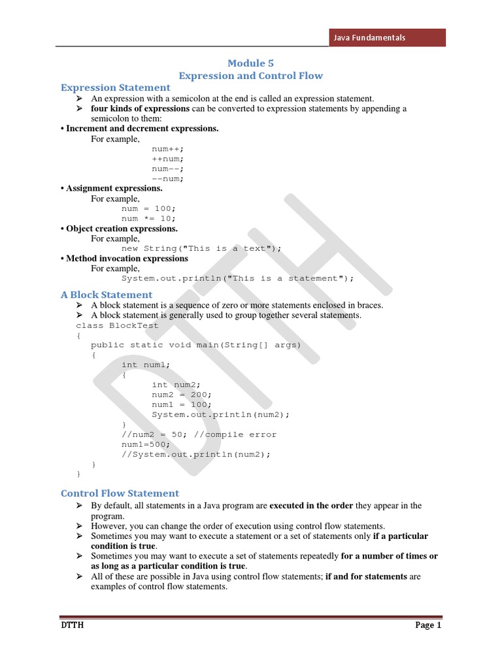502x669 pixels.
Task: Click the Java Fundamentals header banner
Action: pos(386,37)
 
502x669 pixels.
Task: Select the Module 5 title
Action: pos(250,63)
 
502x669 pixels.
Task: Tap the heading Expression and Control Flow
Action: pos(251,76)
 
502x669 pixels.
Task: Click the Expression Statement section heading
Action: pos(116,88)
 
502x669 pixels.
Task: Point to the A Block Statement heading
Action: pos(107,295)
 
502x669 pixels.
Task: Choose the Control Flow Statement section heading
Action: pos(120,493)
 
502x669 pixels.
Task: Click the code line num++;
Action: pos(168,149)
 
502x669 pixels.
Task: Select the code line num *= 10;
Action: pos(148,218)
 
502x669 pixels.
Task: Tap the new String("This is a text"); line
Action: pos(201,248)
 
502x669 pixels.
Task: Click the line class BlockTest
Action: pos(108,325)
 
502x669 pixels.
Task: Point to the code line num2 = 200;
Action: pos(182,395)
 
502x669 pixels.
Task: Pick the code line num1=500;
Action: pos(146,444)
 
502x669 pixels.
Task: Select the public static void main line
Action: pos(196,345)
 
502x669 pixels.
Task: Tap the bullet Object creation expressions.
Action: pos(122,229)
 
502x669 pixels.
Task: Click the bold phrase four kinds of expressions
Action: pos(141,108)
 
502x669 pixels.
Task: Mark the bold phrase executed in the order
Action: pos(311,506)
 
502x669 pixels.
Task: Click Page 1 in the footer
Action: pos(429,625)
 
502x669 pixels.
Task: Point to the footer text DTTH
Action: pos(72,625)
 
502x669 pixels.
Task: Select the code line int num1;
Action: pos(146,365)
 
